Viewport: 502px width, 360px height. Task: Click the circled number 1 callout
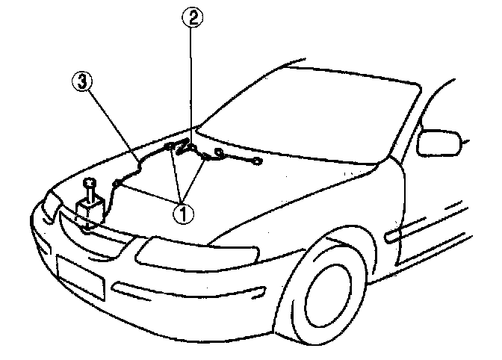(x=184, y=212)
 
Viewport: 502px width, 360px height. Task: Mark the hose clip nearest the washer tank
(x=117, y=182)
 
